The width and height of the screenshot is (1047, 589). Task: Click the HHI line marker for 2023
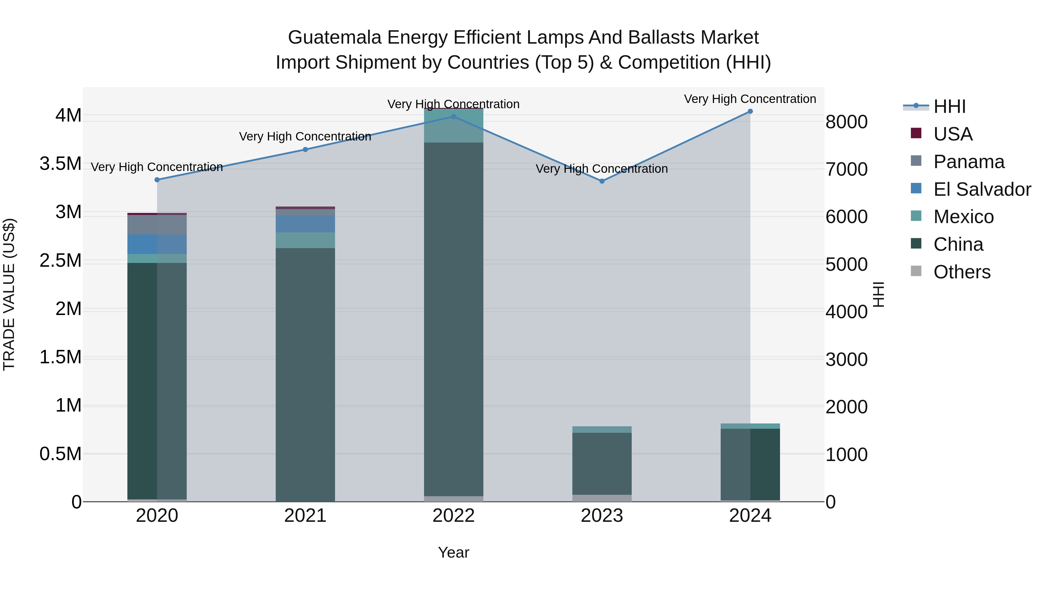(602, 181)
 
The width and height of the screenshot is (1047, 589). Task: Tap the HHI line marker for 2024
(750, 111)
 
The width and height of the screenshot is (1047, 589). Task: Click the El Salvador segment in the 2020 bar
(157, 244)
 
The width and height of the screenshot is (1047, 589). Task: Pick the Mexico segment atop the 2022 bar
(454, 126)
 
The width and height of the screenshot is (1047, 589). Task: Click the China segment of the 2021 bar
(305, 374)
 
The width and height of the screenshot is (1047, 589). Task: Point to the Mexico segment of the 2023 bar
(602, 430)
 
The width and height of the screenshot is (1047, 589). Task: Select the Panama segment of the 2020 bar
(157, 225)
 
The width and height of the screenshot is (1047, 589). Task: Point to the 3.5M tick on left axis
(60, 164)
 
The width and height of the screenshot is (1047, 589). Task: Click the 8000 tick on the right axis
(846, 122)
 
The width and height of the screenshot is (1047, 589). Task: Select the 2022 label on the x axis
(454, 516)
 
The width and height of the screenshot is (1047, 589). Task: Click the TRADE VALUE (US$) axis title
(9, 294)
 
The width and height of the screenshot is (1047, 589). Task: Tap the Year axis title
(454, 552)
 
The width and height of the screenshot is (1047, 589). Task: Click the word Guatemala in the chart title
(334, 38)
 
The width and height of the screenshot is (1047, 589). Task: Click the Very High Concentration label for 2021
(305, 137)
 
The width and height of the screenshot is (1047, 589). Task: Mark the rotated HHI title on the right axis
(879, 294)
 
